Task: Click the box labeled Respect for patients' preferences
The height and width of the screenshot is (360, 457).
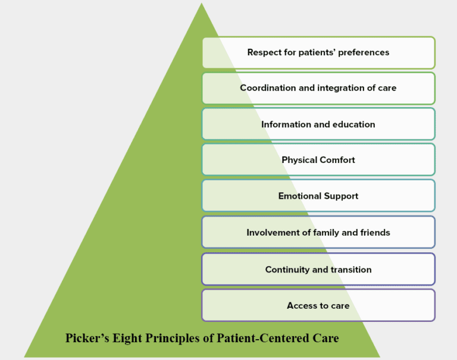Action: pyautogui.click(x=318, y=52)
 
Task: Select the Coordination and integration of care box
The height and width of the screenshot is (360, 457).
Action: pyautogui.click(x=318, y=88)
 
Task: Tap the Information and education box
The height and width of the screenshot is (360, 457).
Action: pyautogui.click(x=318, y=124)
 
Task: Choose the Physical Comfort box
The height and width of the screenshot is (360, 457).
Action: pyautogui.click(x=318, y=160)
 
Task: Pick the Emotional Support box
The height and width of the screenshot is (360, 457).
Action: pyautogui.click(x=318, y=196)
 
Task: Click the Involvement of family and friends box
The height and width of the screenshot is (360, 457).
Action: pyautogui.click(x=318, y=233)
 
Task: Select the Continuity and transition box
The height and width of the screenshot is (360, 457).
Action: pyautogui.click(x=318, y=270)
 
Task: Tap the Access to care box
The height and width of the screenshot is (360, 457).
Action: pyautogui.click(x=318, y=306)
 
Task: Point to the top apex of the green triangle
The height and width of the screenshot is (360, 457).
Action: pyautogui.click(x=202, y=5)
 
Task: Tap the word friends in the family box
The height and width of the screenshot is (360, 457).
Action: pyautogui.click(x=374, y=233)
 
